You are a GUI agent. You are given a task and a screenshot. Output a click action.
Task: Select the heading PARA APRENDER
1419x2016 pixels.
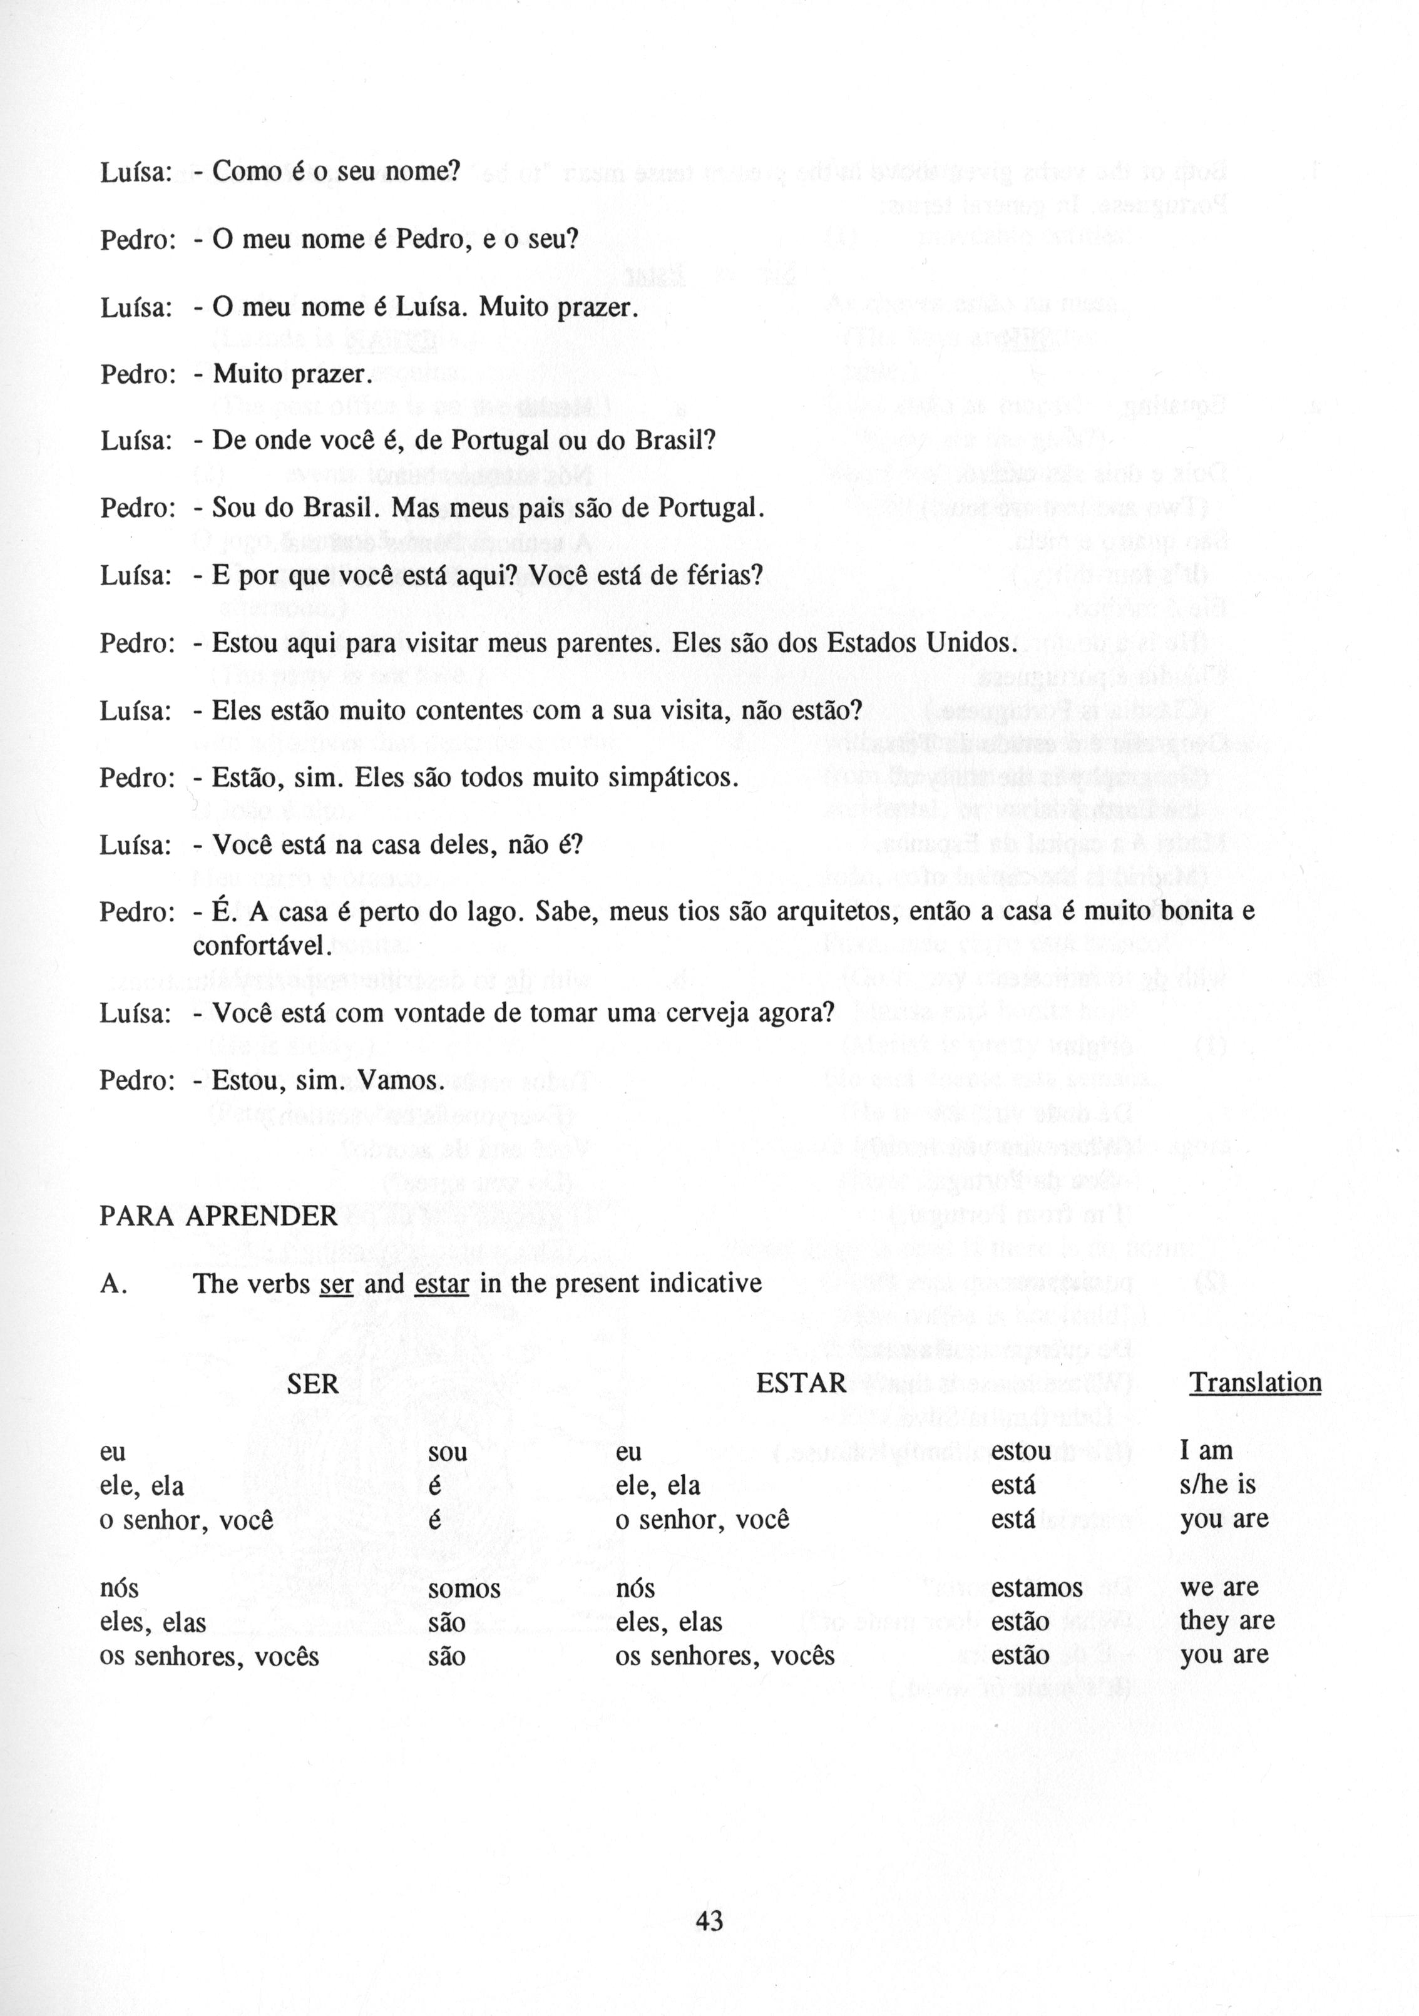tap(218, 1215)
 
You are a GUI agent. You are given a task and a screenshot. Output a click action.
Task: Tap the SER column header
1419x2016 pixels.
tap(312, 1384)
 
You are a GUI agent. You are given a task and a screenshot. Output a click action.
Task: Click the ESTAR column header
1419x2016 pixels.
tap(801, 1384)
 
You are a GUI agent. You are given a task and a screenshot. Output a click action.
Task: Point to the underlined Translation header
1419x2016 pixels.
tap(1255, 1383)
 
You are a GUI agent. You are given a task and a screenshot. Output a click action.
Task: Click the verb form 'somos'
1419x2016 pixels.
tap(464, 1589)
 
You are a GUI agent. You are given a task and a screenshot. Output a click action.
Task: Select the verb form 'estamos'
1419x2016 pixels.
tap(1036, 1589)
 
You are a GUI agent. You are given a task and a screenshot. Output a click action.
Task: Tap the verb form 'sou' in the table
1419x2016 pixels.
tap(447, 1452)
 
